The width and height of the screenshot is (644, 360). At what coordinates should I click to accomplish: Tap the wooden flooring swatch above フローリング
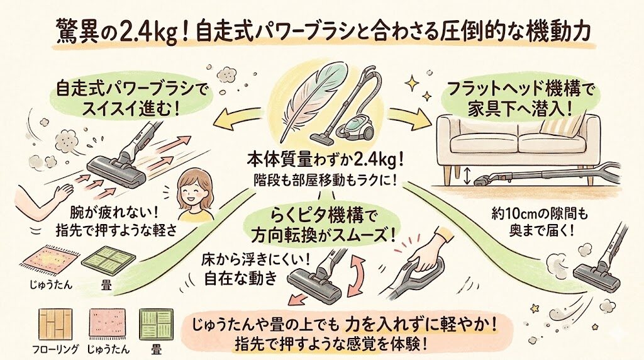[x=56, y=325]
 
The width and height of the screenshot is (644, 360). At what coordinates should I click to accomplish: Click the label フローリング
[x=56, y=349]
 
